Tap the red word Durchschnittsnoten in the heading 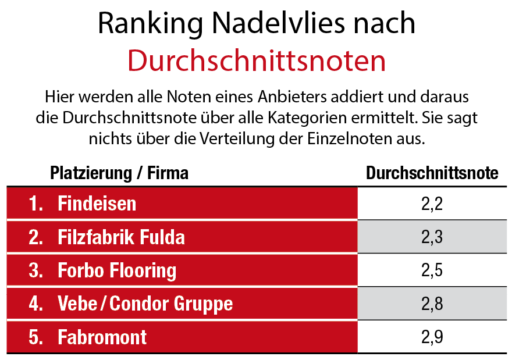[x=257, y=60]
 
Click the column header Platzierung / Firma [x=119, y=173]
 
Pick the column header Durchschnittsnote [x=432, y=173]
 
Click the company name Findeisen [x=97, y=204]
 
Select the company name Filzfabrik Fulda [x=122, y=237]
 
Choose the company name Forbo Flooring [x=117, y=270]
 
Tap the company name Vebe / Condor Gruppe [x=145, y=304]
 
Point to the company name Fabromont [x=102, y=337]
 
